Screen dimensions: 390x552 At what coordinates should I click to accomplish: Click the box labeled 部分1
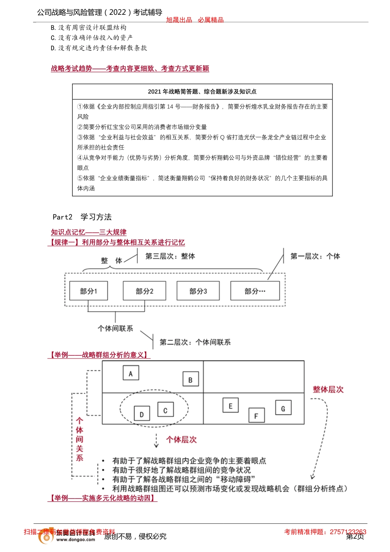[x=89, y=291]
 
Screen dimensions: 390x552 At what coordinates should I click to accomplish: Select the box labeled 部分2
[x=145, y=291]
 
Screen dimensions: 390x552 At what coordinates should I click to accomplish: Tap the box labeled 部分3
[x=198, y=291]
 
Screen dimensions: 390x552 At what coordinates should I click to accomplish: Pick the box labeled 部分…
[x=255, y=291]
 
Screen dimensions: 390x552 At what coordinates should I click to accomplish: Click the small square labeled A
[x=131, y=373]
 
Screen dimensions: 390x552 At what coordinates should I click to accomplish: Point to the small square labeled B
[x=190, y=379]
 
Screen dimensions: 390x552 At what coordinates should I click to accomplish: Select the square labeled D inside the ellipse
[x=142, y=414]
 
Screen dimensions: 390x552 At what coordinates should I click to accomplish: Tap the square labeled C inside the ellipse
[x=165, y=410]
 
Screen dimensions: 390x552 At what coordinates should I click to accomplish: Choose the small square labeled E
[x=230, y=406]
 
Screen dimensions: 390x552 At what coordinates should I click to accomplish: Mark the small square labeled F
[x=256, y=416]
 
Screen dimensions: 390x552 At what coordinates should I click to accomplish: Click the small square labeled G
[x=283, y=408]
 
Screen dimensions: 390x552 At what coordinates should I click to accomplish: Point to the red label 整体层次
[x=328, y=389]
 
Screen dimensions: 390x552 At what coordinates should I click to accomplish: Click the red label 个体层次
[x=181, y=439]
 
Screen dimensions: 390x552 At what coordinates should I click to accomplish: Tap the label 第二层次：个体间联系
[x=195, y=342]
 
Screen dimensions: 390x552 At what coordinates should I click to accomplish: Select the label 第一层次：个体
[x=315, y=256]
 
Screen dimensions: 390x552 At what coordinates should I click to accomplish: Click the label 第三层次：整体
[x=170, y=256]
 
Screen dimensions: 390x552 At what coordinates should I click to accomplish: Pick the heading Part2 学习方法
[x=82, y=217]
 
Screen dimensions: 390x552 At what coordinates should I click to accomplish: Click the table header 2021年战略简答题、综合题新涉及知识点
[x=202, y=92]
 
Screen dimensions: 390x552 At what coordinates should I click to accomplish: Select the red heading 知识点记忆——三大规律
[x=89, y=232]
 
